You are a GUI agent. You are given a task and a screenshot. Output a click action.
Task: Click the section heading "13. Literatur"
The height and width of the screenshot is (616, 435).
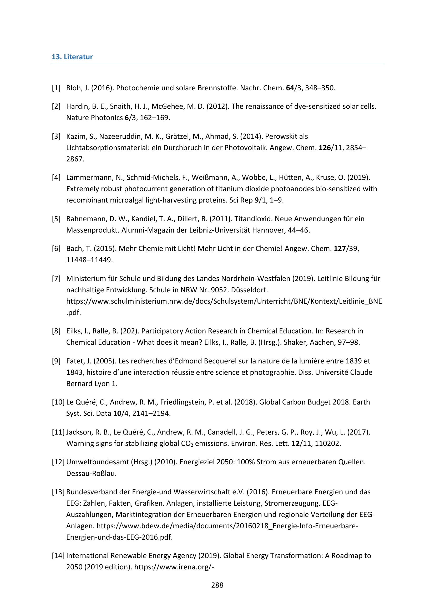point(72,57)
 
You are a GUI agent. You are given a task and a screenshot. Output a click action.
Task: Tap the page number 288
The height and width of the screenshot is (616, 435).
point(217,585)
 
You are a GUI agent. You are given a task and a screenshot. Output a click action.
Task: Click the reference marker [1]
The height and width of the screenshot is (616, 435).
point(56,88)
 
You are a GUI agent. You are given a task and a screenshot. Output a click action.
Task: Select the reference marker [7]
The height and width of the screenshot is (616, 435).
point(56,278)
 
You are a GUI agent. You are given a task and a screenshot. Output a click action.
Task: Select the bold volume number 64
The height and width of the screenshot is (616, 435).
point(290,88)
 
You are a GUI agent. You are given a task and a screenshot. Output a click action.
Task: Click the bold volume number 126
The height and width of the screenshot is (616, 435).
point(325,147)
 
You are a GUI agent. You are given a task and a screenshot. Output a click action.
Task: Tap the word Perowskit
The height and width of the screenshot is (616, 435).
point(281,136)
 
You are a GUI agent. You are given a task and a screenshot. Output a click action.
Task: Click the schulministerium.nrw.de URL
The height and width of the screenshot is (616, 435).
point(224,301)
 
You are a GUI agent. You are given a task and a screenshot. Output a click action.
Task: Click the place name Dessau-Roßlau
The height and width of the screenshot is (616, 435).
point(91,473)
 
